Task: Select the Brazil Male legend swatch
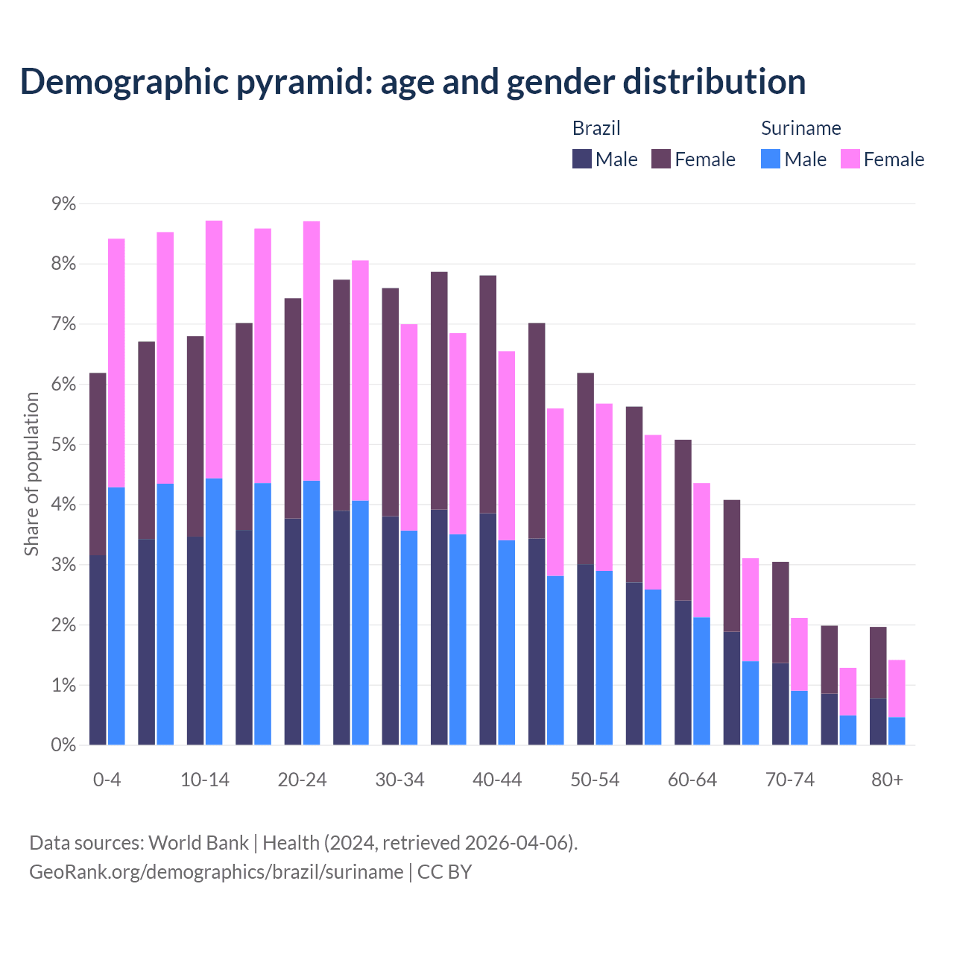tap(582, 159)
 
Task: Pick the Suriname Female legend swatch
tap(850, 159)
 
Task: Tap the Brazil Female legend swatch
tap(661, 159)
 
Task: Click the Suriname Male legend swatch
tap(771, 159)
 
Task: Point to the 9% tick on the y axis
tap(62, 203)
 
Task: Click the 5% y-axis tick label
tap(62, 444)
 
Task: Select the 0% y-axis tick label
tap(62, 745)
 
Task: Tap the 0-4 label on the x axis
tap(107, 780)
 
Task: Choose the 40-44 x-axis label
tap(497, 780)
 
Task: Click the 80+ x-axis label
tap(887, 780)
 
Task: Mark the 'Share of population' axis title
tap(31, 474)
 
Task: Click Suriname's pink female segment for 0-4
tap(116, 363)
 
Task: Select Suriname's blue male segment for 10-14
tap(214, 611)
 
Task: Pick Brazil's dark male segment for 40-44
tap(487, 628)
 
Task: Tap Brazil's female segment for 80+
tap(878, 663)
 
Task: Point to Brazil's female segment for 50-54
tap(585, 468)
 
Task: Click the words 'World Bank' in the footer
tap(198, 843)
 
